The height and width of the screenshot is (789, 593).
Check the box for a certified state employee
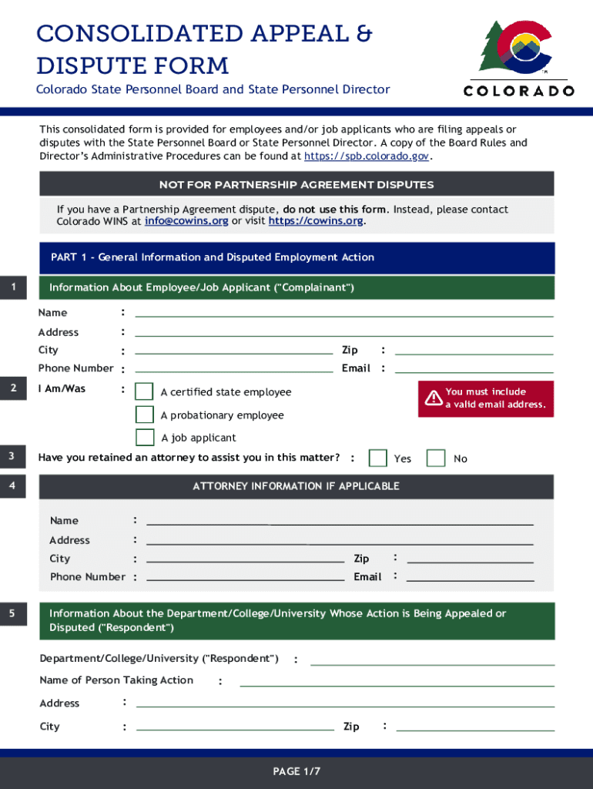coord(144,391)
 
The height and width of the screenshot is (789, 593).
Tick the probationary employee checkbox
coord(144,415)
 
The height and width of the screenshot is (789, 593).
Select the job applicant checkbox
coord(144,438)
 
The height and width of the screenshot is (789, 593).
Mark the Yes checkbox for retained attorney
coord(377,458)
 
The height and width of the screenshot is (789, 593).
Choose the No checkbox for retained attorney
coord(436,458)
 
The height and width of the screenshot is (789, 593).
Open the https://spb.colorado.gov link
coord(366,156)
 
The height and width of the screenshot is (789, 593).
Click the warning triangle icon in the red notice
coord(434,398)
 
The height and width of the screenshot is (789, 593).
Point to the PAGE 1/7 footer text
coord(296,771)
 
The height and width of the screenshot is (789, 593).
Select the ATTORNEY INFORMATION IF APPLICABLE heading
coord(296,486)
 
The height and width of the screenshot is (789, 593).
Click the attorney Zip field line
coord(470,559)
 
